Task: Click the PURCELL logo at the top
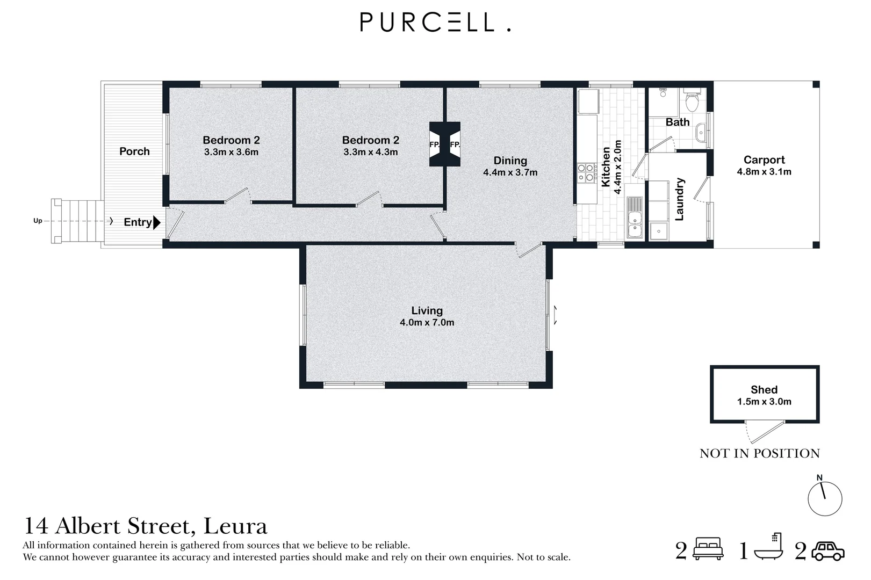tap(435, 22)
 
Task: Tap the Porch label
tap(134, 151)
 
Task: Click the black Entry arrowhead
tap(157, 222)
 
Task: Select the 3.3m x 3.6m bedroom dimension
tap(232, 152)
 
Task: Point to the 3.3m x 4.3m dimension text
tap(371, 152)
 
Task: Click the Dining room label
tap(510, 161)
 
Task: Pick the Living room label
tap(427, 310)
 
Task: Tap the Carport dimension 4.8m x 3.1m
tap(764, 172)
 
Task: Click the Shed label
tap(764, 389)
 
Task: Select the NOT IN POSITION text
tap(759, 453)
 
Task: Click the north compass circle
tap(825, 499)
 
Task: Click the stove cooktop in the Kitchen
tap(587, 173)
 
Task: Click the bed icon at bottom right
tap(708, 548)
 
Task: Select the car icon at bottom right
tap(828, 551)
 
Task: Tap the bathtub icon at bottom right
tap(768, 547)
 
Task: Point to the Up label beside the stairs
tap(38, 221)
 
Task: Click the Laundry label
tap(679, 199)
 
